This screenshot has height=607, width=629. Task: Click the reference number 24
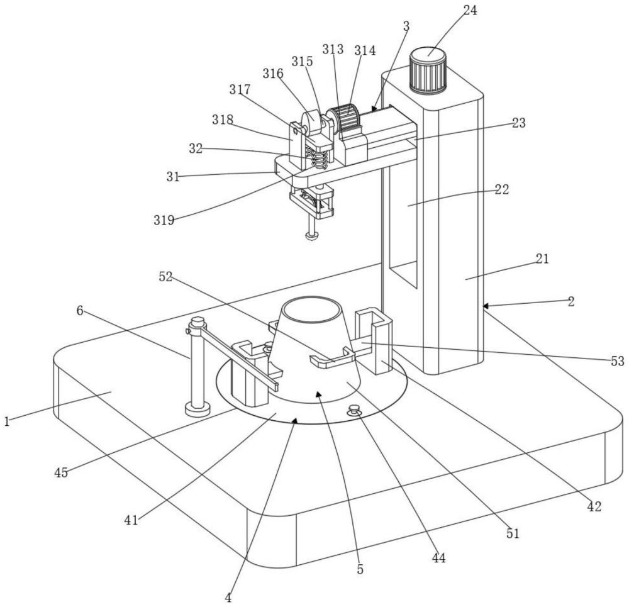[470, 11]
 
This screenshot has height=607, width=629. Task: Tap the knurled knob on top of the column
[428, 70]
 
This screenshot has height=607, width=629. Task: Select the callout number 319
[164, 220]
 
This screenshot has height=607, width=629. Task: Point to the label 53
[618, 362]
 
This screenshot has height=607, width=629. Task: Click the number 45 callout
[61, 472]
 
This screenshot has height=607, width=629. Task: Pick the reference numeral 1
[6, 421]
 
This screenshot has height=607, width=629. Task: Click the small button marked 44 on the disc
[353, 410]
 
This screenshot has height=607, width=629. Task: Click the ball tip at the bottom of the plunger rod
[312, 235]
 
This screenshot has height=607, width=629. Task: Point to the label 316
[273, 74]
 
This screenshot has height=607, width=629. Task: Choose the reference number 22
[501, 189]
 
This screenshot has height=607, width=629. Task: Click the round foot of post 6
[198, 410]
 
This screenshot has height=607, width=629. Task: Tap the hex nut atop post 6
[198, 321]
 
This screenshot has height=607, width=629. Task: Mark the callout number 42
[594, 507]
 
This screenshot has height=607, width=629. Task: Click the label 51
[513, 533]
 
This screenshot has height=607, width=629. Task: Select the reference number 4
[228, 598]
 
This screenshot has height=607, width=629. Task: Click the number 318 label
[223, 120]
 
